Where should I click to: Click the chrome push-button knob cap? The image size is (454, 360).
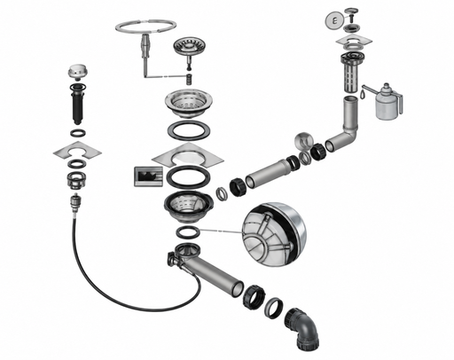point(76,72)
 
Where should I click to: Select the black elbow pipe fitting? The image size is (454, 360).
point(302,328)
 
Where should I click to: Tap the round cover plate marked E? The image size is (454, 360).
point(334,20)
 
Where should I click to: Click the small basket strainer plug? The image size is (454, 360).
point(184,47)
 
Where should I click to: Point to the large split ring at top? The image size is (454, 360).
point(145,27)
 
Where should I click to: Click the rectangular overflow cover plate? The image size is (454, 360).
point(148,176)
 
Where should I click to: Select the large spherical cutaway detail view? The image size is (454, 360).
point(274,234)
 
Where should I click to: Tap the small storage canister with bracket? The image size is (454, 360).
point(387,102)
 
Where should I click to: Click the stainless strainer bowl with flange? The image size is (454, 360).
point(188,102)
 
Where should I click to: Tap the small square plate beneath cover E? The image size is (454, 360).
point(354,41)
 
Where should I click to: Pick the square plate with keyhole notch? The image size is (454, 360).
point(77,151)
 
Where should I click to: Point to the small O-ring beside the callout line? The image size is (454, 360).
point(188,232)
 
